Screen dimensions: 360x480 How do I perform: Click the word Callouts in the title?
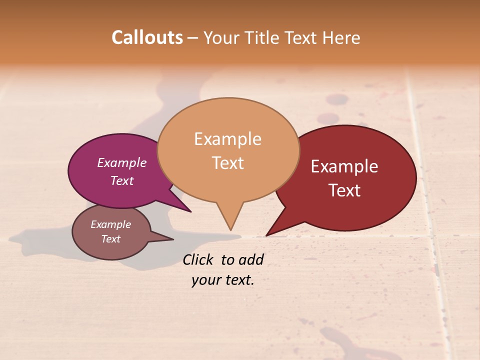click(x=147, y=37)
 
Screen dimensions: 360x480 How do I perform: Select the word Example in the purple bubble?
click(x=122, y=162)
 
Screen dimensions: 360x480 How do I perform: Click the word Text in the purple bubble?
click(x=122, y=180)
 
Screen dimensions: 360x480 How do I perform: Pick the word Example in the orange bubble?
click(x=228, y=139)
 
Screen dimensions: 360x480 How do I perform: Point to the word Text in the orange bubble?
click(x=228, y=163)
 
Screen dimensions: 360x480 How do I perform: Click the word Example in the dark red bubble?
click(x=344, y=166)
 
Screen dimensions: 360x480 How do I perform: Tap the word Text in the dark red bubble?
click(x=344, y=190)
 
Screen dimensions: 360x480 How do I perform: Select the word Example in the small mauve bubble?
click(x=110, y=224)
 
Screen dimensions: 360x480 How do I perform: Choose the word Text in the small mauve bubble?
click(x=110, y=239)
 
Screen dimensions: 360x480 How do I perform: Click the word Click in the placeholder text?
click(x=198, y=259)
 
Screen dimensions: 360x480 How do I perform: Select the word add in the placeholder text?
click(x=251, y=259)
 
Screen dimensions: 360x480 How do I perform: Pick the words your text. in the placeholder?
click(x=223, y=280)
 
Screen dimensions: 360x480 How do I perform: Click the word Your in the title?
click(x=220, y=37)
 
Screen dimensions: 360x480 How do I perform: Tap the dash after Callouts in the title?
click(x=192, y=37)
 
